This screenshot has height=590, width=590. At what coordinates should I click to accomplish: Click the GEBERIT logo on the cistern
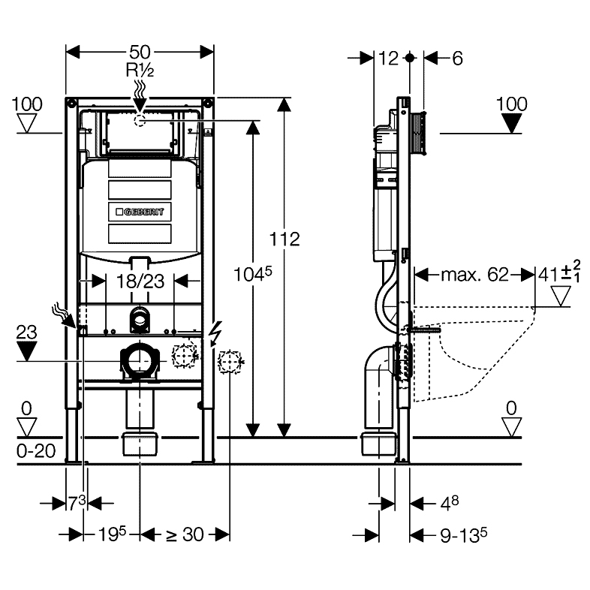140,212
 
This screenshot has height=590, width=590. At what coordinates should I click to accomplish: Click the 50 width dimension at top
140,51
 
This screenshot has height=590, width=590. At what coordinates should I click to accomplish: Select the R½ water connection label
140,71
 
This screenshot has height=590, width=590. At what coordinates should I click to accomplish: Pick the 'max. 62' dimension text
474,275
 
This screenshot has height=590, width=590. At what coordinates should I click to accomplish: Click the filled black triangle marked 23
27,351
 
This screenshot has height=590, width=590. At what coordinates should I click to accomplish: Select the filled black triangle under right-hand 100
513,123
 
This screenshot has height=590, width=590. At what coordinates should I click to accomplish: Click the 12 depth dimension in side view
388,57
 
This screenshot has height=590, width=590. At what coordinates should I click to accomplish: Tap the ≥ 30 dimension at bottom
184,534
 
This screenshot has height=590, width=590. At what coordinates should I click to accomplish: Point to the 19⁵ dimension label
110,534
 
